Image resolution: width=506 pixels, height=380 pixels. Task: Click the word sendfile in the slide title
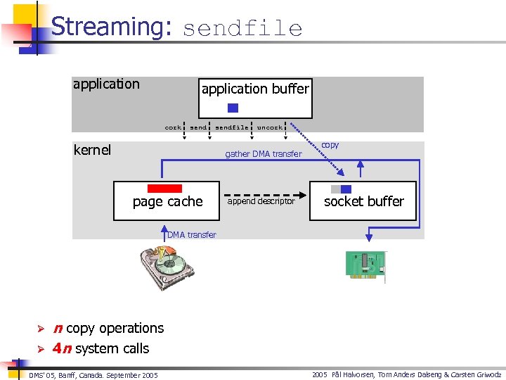pos(242,29)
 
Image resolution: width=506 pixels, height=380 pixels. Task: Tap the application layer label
pos(106,84)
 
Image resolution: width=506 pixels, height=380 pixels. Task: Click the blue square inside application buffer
pos(233,108)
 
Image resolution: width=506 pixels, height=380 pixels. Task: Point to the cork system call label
pos(172,127)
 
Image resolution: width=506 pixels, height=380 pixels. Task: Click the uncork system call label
pos(269,127)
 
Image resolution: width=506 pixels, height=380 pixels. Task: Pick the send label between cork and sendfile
pos(198,127)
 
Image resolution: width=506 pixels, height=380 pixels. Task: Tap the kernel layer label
pos(92,150)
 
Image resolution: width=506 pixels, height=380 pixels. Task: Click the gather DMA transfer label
pos(263,154)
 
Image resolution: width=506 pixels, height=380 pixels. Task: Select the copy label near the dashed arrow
pos(330,145)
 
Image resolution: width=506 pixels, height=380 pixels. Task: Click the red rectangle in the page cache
pos(164,189)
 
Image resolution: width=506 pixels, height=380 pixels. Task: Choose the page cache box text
pos(167,202)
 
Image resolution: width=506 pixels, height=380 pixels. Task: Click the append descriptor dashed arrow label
pos(261,201)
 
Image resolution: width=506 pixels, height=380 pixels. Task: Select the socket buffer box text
pos(363,201)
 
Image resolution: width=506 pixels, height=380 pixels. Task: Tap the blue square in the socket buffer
pos(346,189)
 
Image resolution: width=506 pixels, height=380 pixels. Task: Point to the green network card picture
pos(365,265)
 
